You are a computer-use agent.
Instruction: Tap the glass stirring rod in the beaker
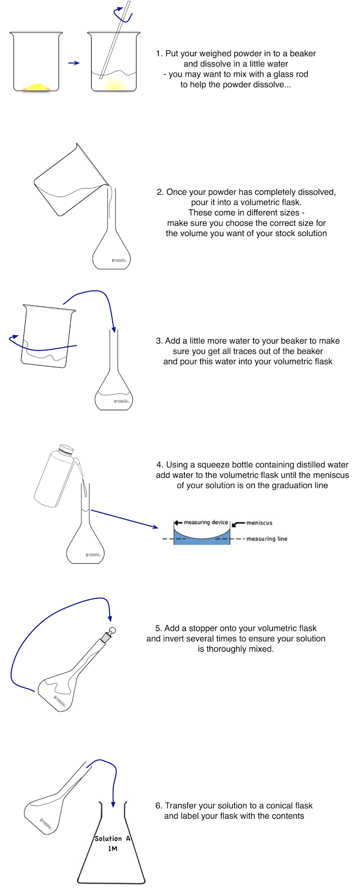[x=113, y=45]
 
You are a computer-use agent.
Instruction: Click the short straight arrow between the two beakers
[x=74, y=63]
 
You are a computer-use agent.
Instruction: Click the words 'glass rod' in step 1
[x=290, y=74]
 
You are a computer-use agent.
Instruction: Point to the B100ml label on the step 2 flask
[x=119, y=261]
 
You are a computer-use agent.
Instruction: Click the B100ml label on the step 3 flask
[x=122, y=401]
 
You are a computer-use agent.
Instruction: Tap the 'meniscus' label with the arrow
[x=259, y=523]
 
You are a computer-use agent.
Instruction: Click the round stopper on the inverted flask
[x=112, y=631]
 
